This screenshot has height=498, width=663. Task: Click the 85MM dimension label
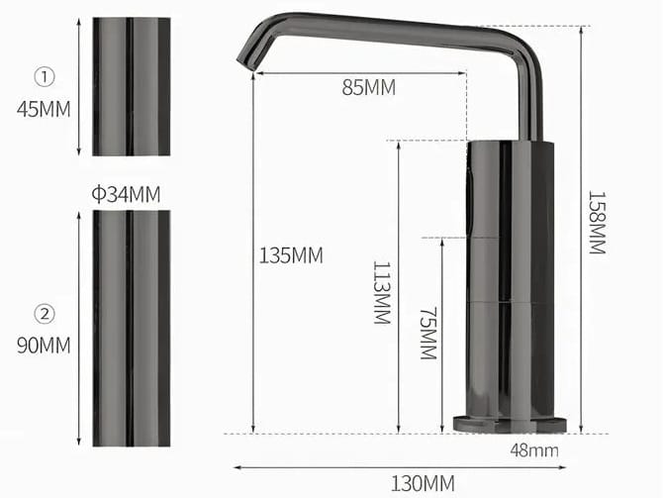pos(367,87)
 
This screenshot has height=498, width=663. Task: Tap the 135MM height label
pos(291,255)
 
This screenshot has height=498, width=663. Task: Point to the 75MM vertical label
pos(426,333)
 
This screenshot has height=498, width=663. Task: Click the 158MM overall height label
pos(596,223)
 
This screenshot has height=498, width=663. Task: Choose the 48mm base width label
pos(534,450)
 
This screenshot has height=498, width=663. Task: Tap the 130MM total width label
pos(424,483)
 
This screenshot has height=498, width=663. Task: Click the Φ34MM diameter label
pos(126,193)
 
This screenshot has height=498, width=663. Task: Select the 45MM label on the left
pos(44,109)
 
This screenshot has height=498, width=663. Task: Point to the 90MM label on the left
pos(44,347)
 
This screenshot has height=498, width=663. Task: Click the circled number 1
pos(45,75)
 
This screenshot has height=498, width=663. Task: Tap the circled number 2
pos(45,314)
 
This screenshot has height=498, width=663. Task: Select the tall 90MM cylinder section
pos(131,327)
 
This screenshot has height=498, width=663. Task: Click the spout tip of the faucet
pos(245,59)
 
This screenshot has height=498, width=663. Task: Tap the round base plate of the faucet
pos(510,424)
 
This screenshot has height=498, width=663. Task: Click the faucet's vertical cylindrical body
pos(510,277)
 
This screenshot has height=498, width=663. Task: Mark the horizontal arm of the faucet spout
pos(396,30)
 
